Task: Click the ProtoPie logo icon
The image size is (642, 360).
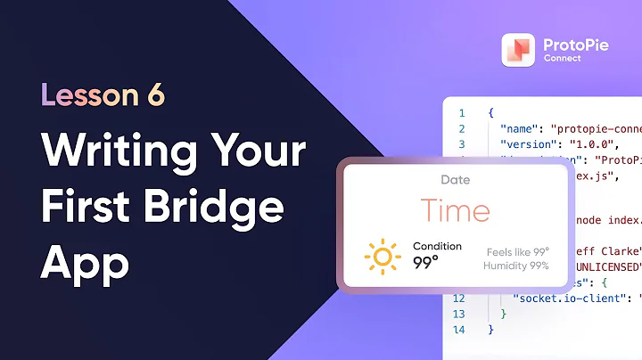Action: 518,50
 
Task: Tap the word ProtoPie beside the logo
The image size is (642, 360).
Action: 576,43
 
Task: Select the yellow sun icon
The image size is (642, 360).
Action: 383,257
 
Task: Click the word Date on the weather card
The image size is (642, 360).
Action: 455,180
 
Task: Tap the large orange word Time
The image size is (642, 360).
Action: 455,211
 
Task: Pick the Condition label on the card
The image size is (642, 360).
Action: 437,246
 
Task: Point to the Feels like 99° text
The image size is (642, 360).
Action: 517,251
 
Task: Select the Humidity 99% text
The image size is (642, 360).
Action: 515,266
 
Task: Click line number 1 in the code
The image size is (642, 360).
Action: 461,113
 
